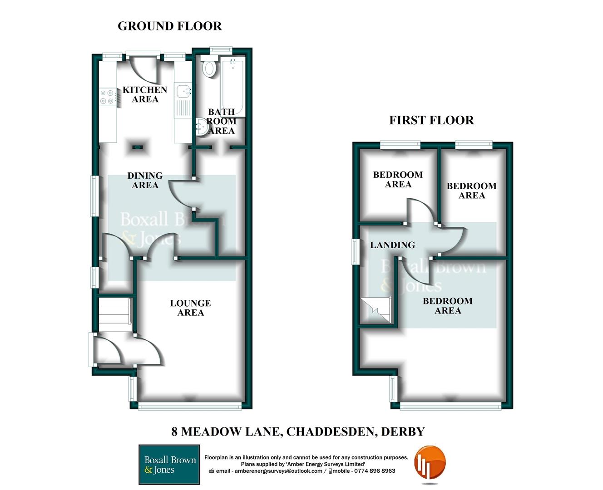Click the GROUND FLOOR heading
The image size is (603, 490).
pos(170,26)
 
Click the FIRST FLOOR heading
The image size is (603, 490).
pos(431,120)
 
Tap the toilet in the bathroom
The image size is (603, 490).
pos(209,68)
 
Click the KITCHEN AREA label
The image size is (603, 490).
pos(145,94)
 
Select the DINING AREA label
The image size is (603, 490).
pos(145,180)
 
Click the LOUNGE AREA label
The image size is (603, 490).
pos(191,308)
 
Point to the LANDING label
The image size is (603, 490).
pos(392,245)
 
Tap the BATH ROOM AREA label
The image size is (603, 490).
pos(222,121)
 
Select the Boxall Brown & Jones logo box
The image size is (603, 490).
pos(169,465)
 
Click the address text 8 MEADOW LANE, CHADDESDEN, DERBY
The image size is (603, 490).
pos(298,431)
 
